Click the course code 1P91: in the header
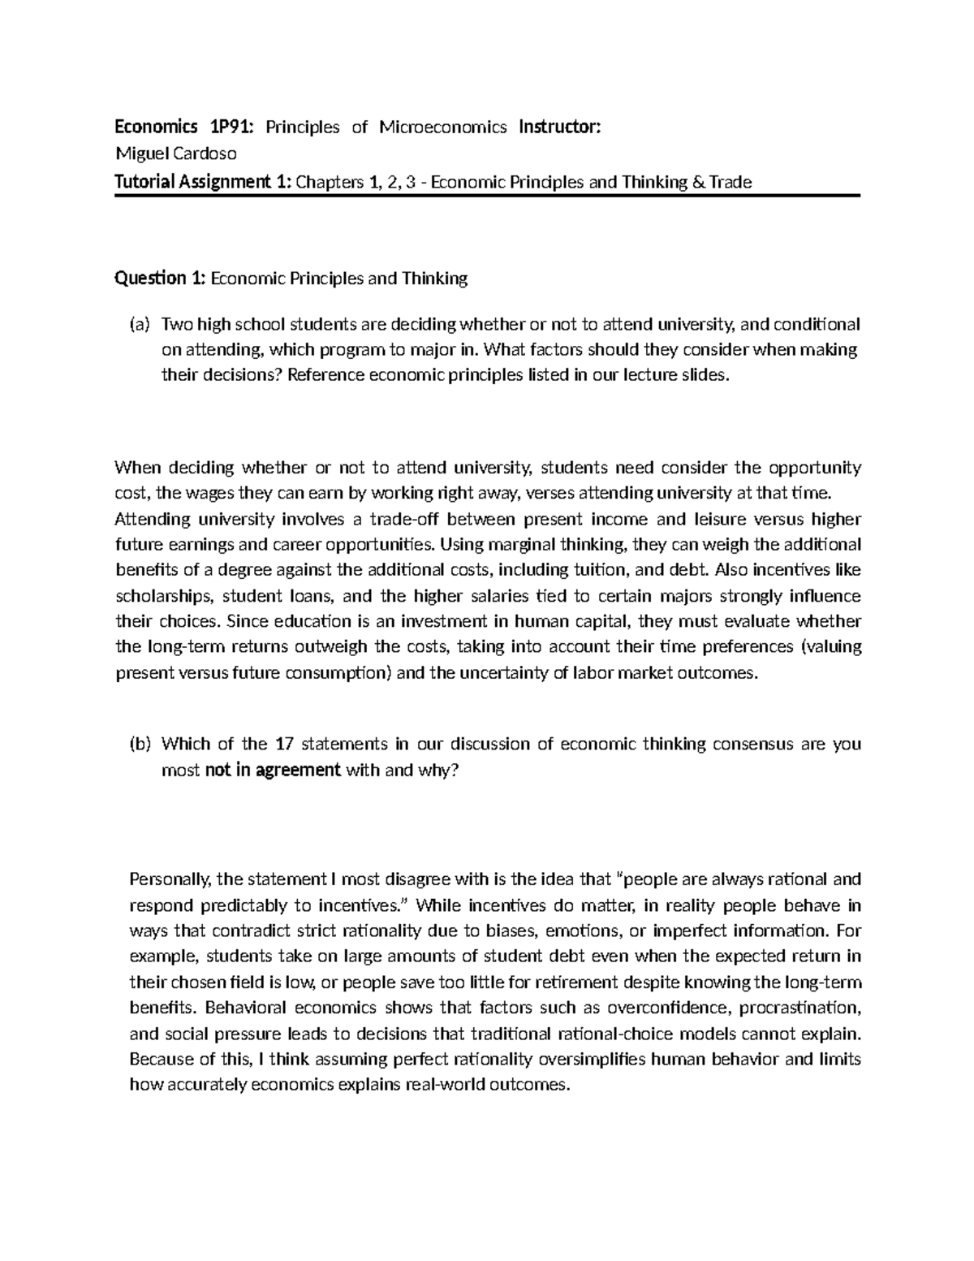tap(231, 127)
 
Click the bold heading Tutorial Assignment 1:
tap(203, 182)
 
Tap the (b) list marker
tap(140, 744)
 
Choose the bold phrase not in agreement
tap(273, 770)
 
